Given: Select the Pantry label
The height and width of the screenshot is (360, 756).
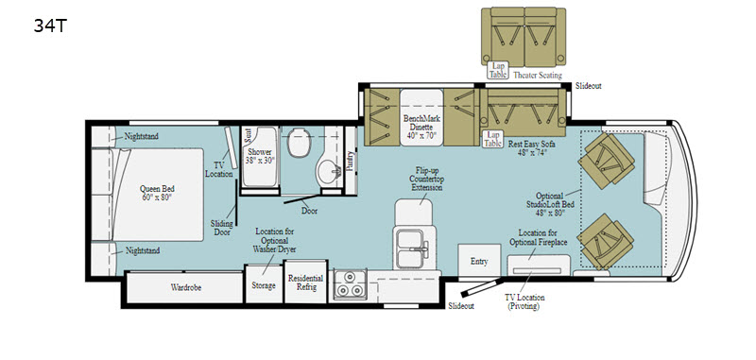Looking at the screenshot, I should point(350,160).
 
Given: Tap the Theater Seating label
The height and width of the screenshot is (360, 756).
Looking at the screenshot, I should point(538,76).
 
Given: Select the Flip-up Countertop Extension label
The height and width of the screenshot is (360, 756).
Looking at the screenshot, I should point(421,180).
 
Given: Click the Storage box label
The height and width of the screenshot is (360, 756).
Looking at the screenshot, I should point(263,286).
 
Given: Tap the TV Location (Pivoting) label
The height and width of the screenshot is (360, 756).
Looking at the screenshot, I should point(531,302).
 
